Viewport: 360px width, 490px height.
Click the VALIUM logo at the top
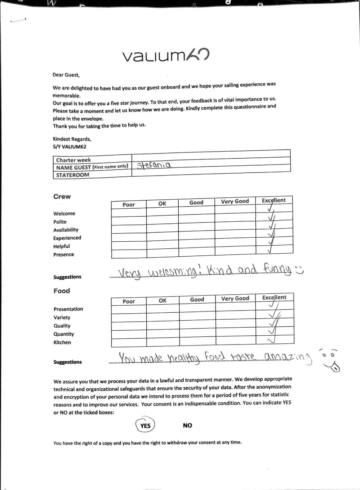coord(166,55)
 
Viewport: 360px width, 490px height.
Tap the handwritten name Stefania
coord(154,166)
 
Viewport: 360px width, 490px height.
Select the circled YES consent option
coord(145,425)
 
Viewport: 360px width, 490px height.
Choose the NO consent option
coord(188,425)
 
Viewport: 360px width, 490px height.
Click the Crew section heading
coord(62,197)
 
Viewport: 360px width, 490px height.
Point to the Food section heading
coord(62,291)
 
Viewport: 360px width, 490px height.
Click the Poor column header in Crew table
coord(129,205)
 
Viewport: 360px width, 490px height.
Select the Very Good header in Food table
coord(235,298)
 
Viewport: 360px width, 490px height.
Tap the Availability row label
coord(66,230)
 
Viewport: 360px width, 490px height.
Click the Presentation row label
coord(68,309)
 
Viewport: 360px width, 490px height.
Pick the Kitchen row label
coord(62,342)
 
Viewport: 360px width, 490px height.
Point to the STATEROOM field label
coord(73,175)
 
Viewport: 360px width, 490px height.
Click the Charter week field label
coord(74,160)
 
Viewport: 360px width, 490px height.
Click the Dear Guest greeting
coord(66,75)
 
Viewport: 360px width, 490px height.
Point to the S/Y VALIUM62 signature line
coord(70,147)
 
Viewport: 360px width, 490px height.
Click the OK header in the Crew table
coord(162,203)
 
